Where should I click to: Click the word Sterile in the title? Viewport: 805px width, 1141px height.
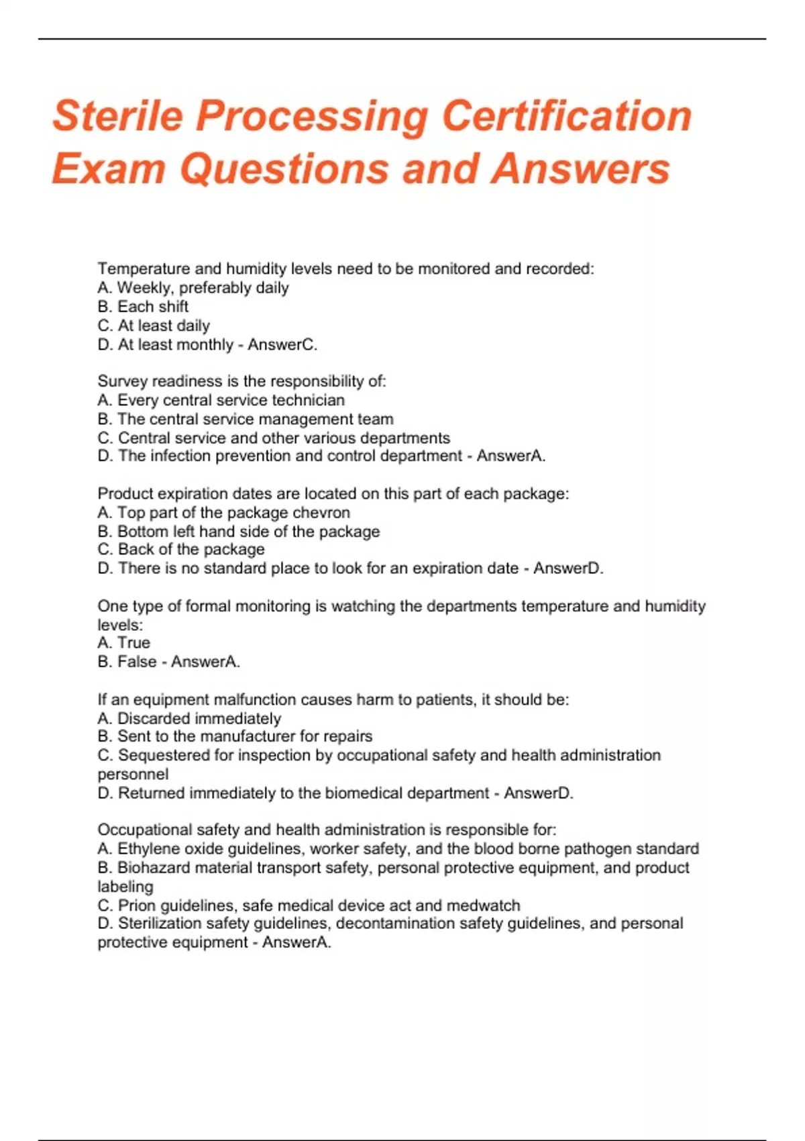point(117,115)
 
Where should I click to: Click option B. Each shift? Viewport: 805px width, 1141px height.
point(143,307)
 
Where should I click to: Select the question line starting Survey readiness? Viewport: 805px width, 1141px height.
point(241,381)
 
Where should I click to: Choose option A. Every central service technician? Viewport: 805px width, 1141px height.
point(221,400)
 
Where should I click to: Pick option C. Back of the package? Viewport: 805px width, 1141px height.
point(181,550)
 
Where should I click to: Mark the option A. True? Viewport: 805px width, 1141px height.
point(124,643)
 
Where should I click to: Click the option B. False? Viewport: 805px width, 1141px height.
point(127,662)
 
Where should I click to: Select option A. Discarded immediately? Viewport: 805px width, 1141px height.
point(189,718)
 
